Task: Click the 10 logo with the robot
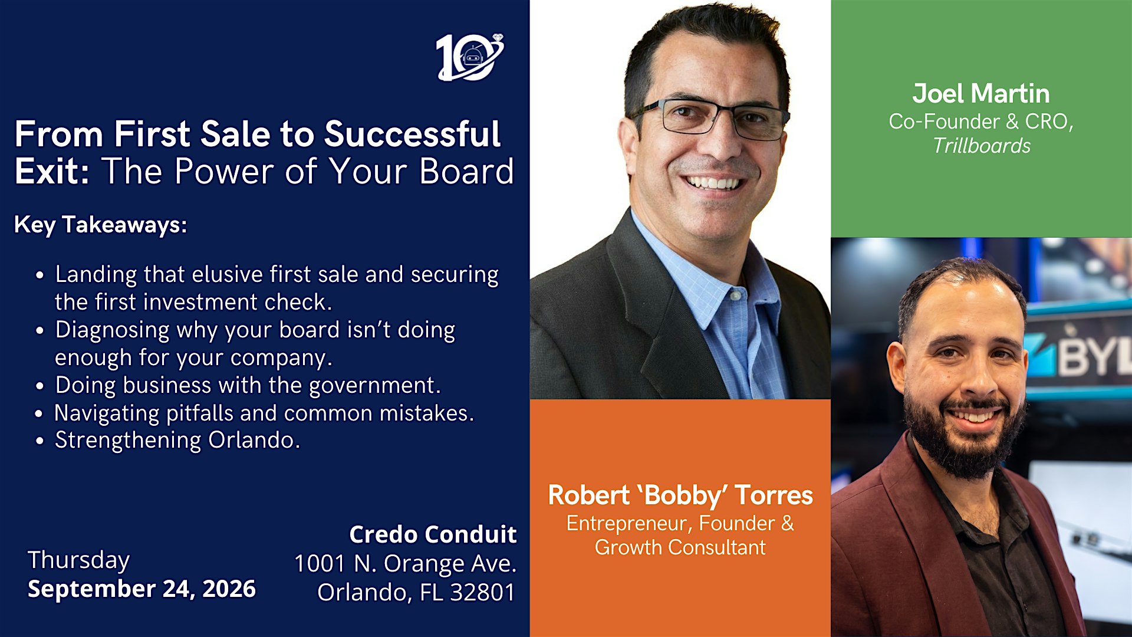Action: point(470,57)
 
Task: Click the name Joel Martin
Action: point(981,94)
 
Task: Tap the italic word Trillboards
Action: point(982,146)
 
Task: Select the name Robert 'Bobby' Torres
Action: point(680,495)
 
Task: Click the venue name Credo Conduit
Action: point(433,534)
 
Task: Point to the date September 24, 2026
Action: point(141,589)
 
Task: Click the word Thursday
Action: point(78,560)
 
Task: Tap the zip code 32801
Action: point(482,592)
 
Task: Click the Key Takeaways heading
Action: point(100,225)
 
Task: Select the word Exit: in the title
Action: point(52,171)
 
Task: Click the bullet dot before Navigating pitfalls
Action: point(39,414)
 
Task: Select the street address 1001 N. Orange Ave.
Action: point(406,564)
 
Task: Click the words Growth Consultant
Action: point(680,547)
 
